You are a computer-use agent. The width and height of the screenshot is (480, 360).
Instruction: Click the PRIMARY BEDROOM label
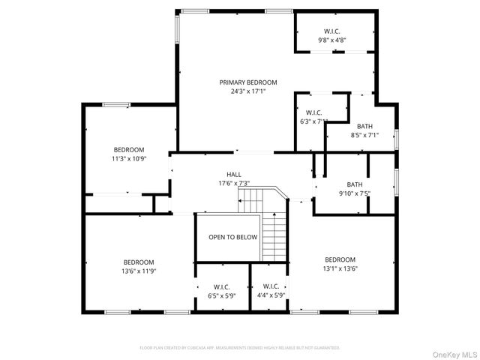pos(248,82)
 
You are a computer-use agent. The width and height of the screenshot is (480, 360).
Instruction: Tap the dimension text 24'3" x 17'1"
pos(248,91)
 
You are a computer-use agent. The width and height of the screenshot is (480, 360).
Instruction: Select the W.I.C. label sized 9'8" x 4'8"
pos(332,31)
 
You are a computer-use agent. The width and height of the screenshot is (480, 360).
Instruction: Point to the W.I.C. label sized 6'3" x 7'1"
pos(313,112)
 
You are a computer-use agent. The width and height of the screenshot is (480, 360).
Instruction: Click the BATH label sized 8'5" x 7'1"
pos(364,126)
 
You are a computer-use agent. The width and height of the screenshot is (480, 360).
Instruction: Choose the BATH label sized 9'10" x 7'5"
pos(355,184)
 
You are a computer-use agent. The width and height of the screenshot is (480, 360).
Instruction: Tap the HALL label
pos(234,174)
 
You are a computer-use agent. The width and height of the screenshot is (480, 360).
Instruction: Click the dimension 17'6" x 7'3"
pos(234,183)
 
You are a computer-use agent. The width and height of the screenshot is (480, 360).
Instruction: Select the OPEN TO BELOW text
pos(232,237)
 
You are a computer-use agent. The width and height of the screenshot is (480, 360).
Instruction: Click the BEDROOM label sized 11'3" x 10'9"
pos(129,150)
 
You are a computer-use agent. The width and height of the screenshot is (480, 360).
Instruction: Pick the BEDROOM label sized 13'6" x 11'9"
pos(139,262)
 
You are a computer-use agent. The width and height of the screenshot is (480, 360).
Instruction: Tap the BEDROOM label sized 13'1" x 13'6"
pos(339,259)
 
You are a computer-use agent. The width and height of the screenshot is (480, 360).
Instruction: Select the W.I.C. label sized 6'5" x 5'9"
pos(221,286)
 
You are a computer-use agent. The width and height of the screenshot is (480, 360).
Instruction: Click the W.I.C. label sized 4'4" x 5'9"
pos(271,286)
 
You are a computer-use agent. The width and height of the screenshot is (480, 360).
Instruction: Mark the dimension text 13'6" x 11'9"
pos(139,271)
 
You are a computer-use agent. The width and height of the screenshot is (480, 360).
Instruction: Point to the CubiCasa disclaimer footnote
pos(240,348)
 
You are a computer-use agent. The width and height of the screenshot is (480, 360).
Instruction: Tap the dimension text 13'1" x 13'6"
pos(339,268)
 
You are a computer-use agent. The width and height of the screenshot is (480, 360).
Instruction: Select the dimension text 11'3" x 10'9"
pos(129,159)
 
